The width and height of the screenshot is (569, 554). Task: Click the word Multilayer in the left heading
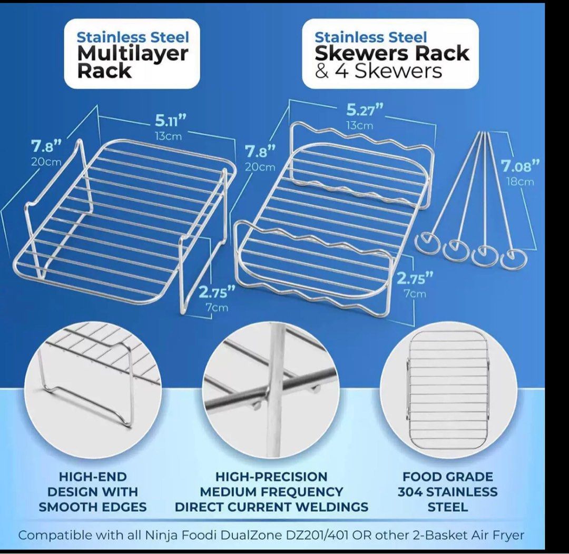point(132,53)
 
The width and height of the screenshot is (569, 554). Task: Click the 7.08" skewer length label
point(521,167)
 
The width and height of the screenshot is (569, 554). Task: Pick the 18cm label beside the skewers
point(521,182)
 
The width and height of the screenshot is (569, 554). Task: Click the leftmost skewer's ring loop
point(427,243)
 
